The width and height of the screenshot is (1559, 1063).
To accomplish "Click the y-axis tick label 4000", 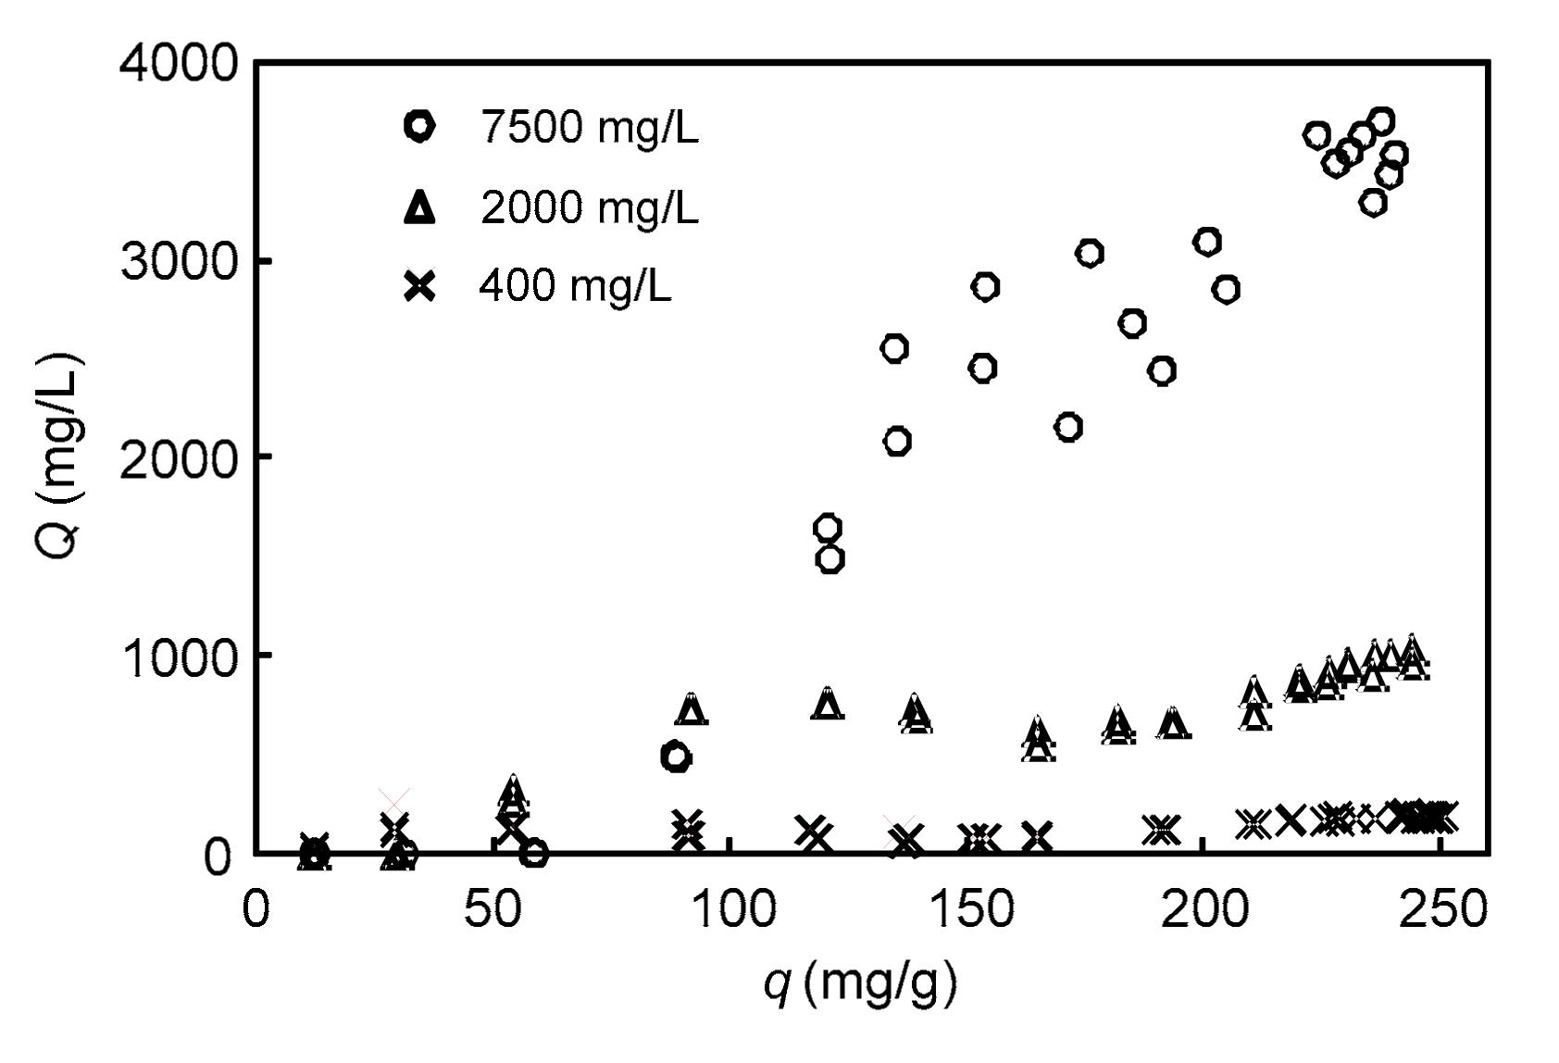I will pyautogui.click(x=179, y=65).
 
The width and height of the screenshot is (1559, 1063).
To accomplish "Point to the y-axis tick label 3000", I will pyautogui.click(x=179, y=262).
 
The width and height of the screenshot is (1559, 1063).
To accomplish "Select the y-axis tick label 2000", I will pyautogui.click(x=179, y=459).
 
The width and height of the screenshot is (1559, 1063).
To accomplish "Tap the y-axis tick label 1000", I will pyautogui.click(x=179, y=657).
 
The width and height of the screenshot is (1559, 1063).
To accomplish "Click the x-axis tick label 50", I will pyautogui.click(x=492, y=910).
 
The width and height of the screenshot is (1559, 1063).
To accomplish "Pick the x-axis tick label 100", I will pyautogui.click(x=729, y=910).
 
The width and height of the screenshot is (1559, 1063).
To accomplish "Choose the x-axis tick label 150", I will pyautogui.click(x=966, y=910).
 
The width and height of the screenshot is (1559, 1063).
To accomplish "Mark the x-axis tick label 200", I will pyautogui.click(x=1203, y=910).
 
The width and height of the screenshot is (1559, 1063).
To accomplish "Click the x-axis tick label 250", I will pyautogui.click(x=1440, y=910).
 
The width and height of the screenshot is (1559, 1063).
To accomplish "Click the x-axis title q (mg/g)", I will pyautogui.click(x=859, y=983).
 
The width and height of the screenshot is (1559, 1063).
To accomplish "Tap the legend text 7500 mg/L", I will pyautogui.click(x=589, y=127).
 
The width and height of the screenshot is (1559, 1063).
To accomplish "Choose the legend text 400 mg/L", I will pyautogui.click(x=575, y=286).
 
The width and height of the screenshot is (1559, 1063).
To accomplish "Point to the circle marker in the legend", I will pyautogui.click(x=419, y=126).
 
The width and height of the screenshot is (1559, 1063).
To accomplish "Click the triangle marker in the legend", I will pyautogui.click(x=419, y=206).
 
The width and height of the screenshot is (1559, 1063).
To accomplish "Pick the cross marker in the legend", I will pyautogui.click(x=419, y=286).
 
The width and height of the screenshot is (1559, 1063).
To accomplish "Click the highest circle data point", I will pyautogui.click(x=1381, y=120).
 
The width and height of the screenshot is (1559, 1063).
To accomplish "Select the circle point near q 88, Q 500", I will pyautogui.click(x=677, y=757).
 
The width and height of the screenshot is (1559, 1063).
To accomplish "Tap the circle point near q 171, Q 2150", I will pyautogui.click(x=1068, y=427).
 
